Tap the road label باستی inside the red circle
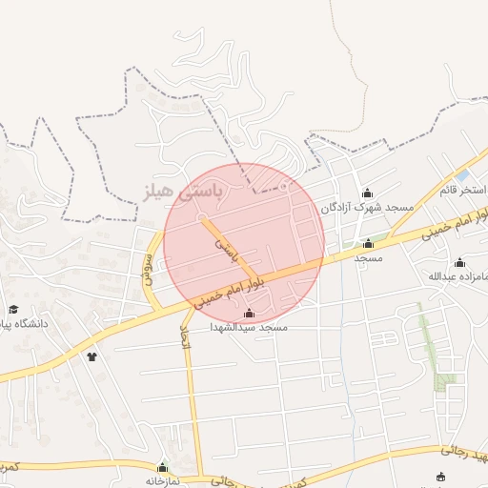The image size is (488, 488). (x=225, y=251)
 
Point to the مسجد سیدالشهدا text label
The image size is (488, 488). (x=249, y=326)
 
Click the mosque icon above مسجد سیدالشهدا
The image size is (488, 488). (x=250, y=313)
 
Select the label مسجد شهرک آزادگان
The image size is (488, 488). (x=367, y=207)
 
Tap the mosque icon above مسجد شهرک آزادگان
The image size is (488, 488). (x=368, y=193)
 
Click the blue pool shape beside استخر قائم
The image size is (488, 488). (x=462, y=176)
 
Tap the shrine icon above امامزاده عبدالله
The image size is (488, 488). (x=460, y=262)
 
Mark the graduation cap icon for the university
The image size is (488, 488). (x=14, y=309)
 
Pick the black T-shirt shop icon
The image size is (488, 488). (x=92, y=357)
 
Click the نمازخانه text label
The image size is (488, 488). (x=163, y=481)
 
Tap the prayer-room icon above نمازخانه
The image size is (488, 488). (x=163, y=467)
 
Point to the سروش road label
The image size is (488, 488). (x=149, y=258)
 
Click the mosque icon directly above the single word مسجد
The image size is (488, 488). (x=368, y=244)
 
